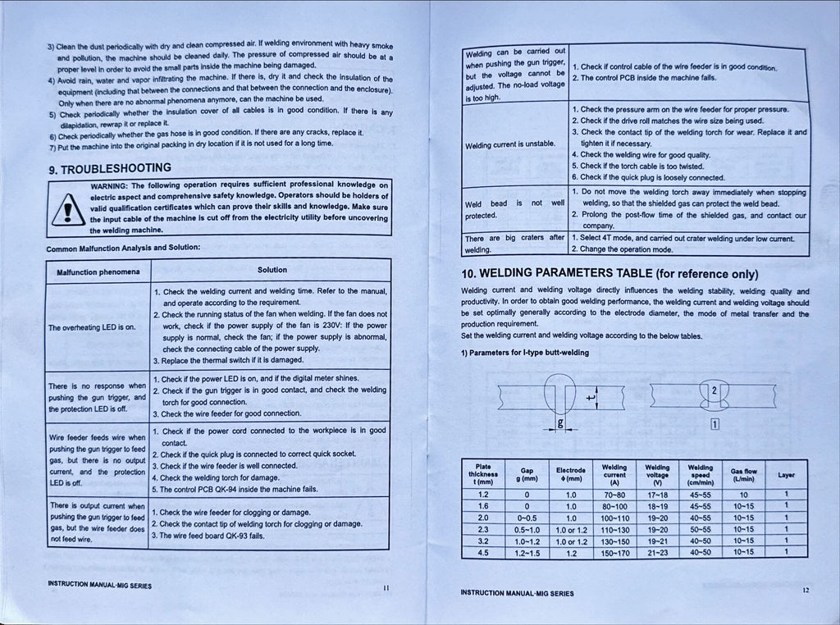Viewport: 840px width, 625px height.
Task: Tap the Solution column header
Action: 272,269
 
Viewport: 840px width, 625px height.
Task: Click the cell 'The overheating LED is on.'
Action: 91,328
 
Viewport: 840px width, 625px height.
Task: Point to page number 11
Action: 386,586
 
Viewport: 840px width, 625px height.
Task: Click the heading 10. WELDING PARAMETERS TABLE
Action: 609,273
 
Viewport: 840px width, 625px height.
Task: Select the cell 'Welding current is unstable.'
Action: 510,145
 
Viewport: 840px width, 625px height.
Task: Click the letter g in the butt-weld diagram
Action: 559,423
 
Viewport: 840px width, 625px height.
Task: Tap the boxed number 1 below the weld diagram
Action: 715,424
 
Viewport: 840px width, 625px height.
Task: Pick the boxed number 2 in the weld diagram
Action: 714,390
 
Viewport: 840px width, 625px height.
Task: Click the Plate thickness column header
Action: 483,475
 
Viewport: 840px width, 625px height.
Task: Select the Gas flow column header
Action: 743,475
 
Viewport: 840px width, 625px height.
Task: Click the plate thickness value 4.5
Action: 483,552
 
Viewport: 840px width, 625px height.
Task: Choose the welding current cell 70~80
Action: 614,495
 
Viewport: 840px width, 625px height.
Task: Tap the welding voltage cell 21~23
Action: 658,552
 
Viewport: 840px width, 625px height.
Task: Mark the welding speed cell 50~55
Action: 701,529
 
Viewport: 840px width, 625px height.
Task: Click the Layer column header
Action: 786,475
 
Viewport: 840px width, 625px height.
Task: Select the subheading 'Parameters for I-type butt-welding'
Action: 525,353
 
